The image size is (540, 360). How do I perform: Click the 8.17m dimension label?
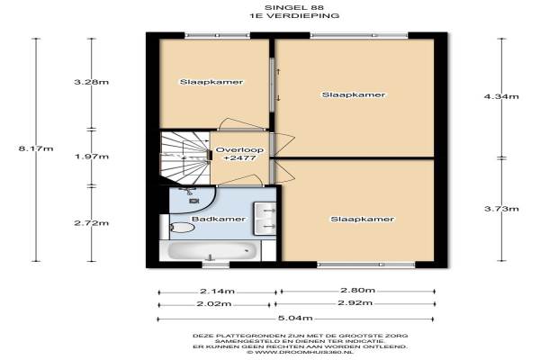pos(36,148)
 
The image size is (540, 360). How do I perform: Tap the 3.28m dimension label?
pos(91,82)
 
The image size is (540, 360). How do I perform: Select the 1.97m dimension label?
pos(92,157)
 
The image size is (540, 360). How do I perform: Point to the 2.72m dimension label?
pos(91,223)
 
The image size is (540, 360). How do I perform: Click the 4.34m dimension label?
pos(501,96)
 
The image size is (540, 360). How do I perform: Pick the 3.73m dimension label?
pos(501,209)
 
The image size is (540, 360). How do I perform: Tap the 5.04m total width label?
pos(295,318)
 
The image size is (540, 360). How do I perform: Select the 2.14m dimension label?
pos(217,292)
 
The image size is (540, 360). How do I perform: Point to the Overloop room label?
pos(239,150)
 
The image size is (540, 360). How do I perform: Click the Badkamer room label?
pos(219,219)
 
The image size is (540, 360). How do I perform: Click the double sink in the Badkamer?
pos(265,219)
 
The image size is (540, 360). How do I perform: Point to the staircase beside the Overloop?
pos(185,157)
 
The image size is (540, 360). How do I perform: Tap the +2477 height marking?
pos(239,158)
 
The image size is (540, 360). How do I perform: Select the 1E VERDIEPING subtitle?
pos(294,15)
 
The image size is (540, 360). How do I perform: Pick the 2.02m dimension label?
pos(214,304)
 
